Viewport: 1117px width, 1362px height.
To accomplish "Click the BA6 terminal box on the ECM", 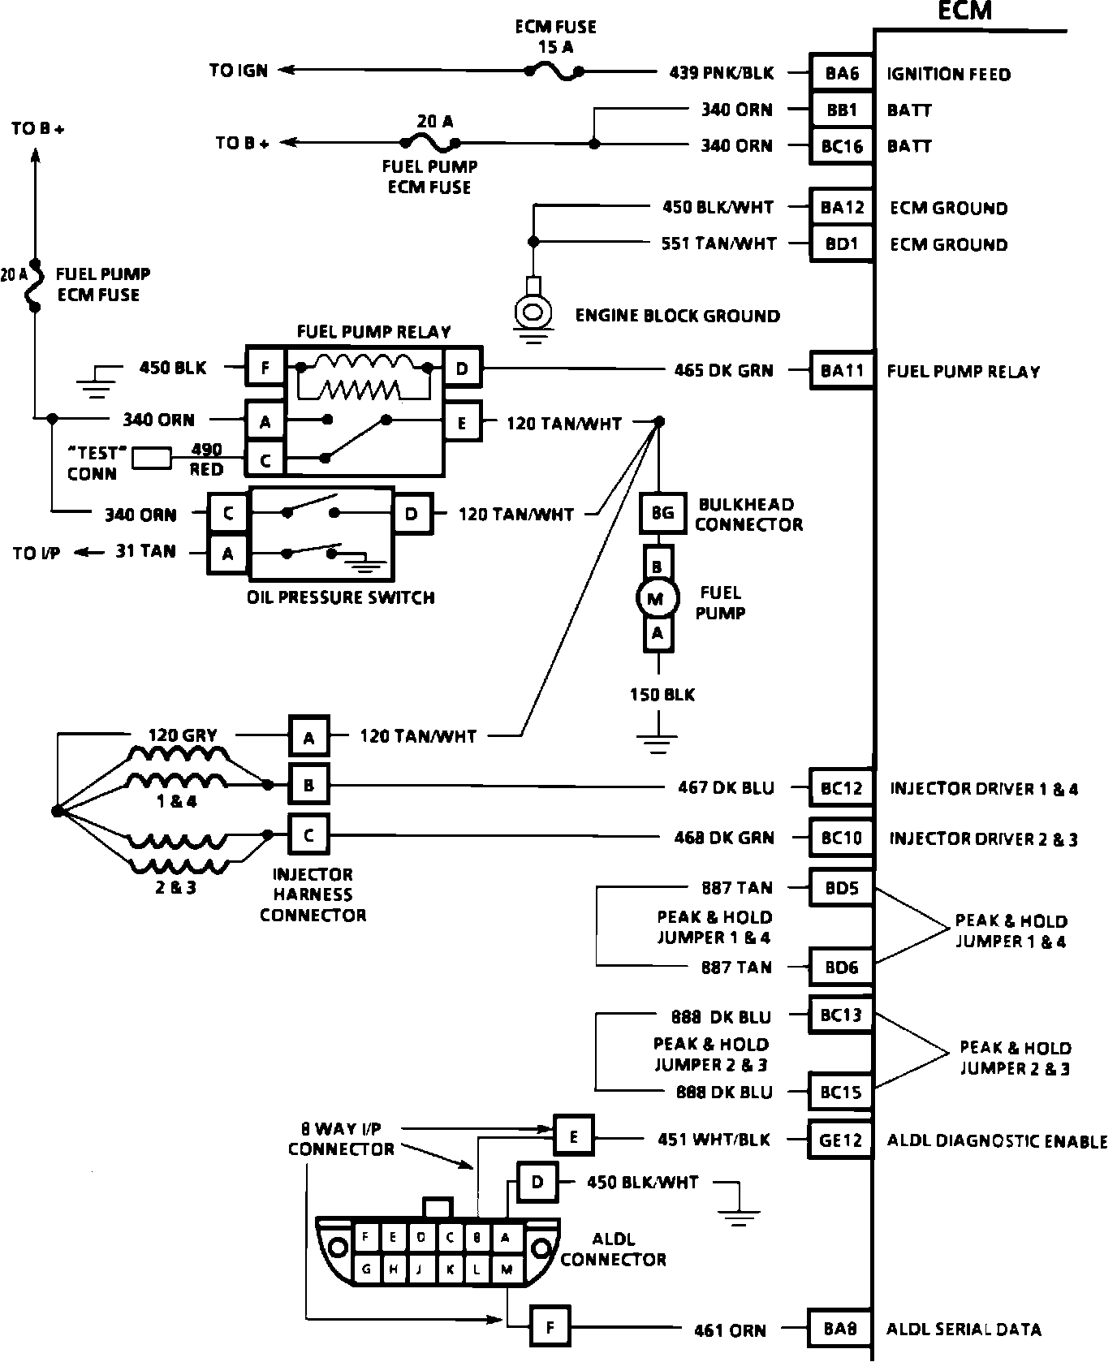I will tap(842, 74).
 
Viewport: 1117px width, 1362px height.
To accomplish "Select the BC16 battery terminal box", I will tap(842, 146).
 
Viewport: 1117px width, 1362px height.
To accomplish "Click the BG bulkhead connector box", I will tap(662, 513).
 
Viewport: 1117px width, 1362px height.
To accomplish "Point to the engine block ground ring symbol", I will tap(533, 311).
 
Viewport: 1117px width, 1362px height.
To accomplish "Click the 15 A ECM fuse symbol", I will tap(554, 72).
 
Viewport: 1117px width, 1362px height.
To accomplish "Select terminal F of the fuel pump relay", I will tap(265, 369).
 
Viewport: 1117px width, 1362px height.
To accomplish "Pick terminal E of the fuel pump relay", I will tap(462, 423).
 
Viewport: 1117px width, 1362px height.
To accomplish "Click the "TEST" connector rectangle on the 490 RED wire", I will tap(152, 459).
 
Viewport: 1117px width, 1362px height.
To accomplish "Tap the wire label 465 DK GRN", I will tap(723, 371).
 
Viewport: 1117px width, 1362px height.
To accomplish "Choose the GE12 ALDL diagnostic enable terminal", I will tap(840, 1140).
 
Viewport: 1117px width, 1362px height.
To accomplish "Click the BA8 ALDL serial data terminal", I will tap(840, 1330).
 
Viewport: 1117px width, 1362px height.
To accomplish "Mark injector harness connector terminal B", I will tap(309, 785).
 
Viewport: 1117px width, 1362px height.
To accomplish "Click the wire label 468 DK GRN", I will tap(723, 838).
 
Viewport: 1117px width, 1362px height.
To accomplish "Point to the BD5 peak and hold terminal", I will tap(842, 888).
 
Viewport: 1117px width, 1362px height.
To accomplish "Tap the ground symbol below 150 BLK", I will tap(658, 739).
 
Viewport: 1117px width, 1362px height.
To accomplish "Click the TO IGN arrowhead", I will tap(285, 71).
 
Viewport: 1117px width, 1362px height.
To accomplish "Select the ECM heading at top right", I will tap(964, 11).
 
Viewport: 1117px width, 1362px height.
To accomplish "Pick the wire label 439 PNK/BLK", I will tap(721, 74).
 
